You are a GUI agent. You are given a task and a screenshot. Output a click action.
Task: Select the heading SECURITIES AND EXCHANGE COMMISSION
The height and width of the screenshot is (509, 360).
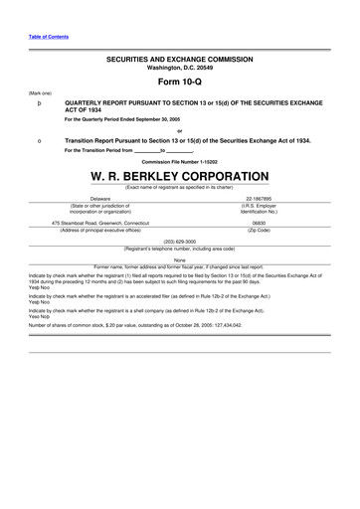(x=179, y=60)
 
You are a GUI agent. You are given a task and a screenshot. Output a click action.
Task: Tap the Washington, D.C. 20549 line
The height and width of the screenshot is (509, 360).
(x=179, y=68)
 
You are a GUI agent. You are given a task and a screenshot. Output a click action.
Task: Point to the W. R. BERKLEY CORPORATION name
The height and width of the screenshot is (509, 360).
(x=179, y=175)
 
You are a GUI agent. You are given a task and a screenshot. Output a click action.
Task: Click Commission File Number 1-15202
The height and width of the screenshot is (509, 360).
(x=179, y=161)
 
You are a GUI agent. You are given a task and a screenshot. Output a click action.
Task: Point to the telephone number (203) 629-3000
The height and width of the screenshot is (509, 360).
(x=179, y=241)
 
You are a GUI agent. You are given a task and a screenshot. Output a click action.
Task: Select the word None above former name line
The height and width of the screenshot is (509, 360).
(x=179, y=259)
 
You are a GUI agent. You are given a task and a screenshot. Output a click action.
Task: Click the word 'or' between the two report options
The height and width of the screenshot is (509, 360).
(x=179, y=131)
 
